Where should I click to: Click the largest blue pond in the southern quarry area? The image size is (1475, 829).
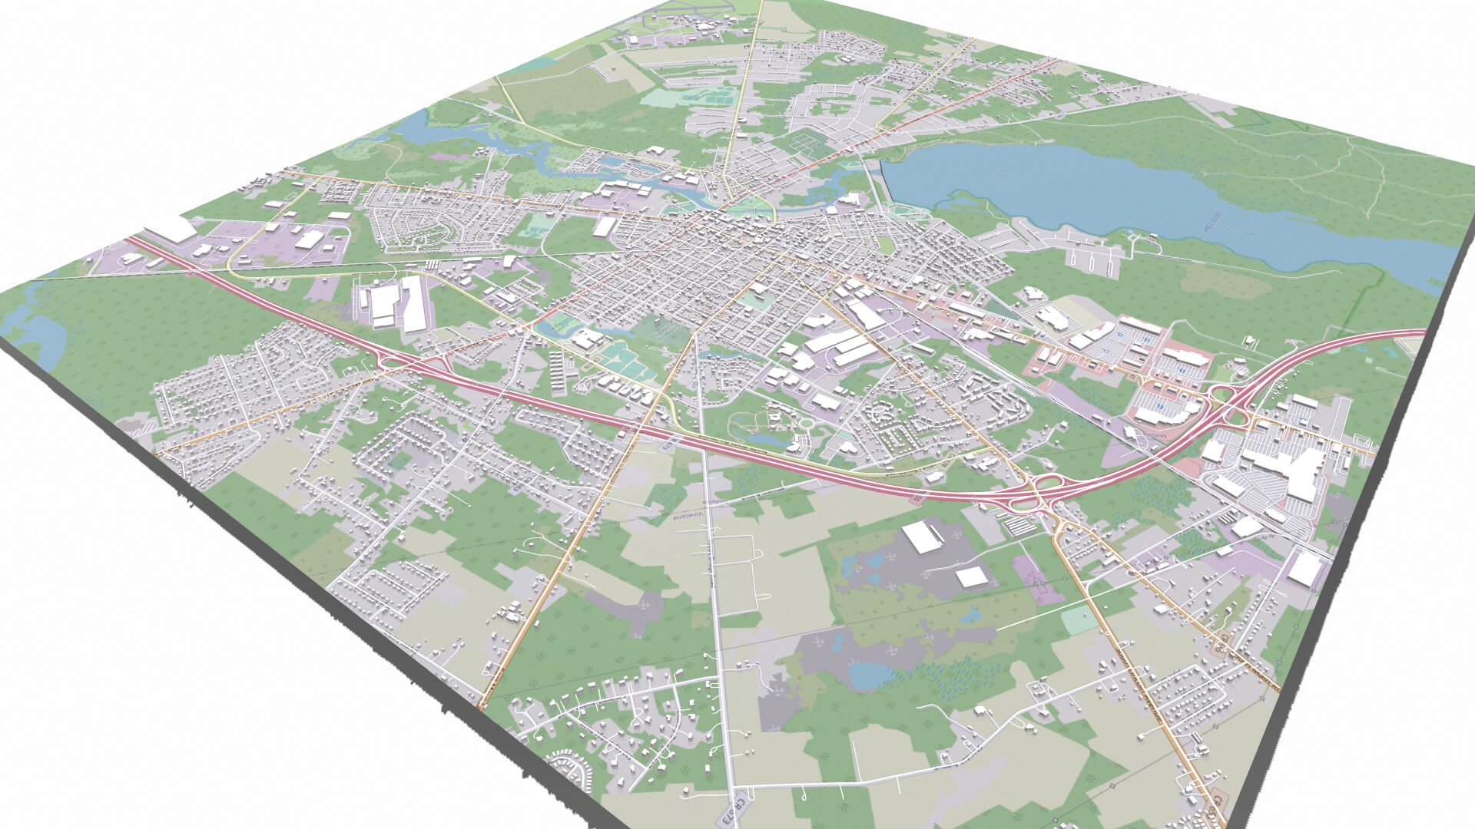pos(868,675)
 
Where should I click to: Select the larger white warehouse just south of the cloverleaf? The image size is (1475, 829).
pos(923,535)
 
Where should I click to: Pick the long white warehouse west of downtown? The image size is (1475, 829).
pos(413,303)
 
